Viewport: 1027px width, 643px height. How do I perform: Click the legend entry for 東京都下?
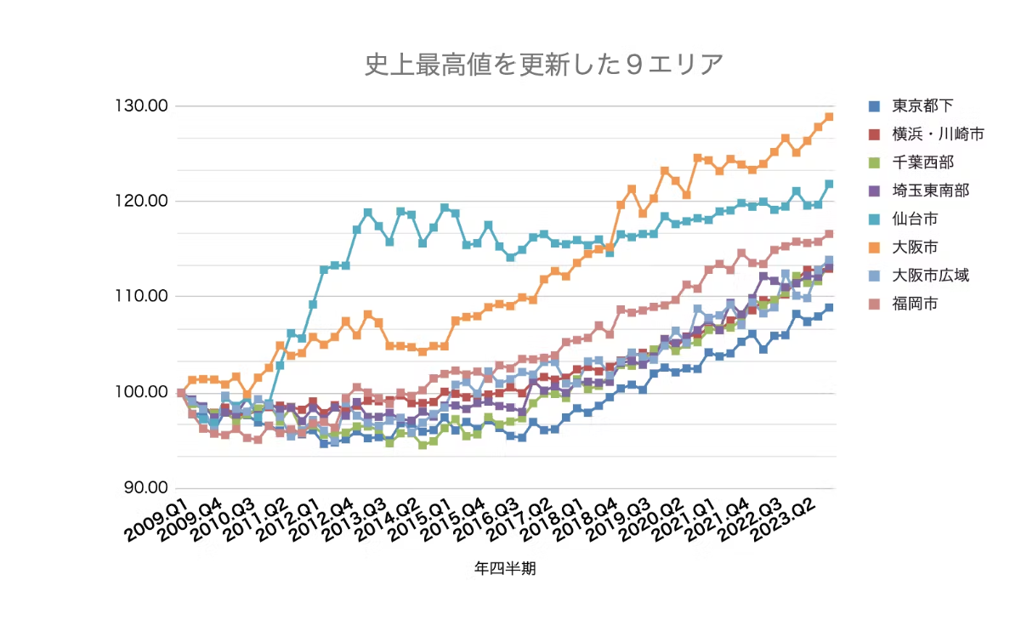coord(922,106)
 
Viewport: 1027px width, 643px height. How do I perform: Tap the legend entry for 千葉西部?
coord(922,162)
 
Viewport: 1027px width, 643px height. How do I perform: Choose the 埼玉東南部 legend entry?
coord(930,191)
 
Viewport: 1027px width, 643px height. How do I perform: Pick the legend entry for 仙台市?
coord(915,219)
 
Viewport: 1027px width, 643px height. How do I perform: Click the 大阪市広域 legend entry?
coord(930,275)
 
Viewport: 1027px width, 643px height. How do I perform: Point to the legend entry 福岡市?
coord(915,303)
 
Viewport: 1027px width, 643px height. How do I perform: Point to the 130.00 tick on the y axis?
coord(139,106)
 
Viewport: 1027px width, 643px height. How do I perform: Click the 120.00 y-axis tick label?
coord(139,202)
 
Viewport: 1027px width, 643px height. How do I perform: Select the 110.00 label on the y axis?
coord(139,297)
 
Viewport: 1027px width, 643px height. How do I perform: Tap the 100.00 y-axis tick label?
coord(139,392)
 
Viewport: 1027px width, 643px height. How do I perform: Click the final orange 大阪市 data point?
coord(829,117)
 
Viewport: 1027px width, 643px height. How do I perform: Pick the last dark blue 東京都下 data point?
coord(829,308)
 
